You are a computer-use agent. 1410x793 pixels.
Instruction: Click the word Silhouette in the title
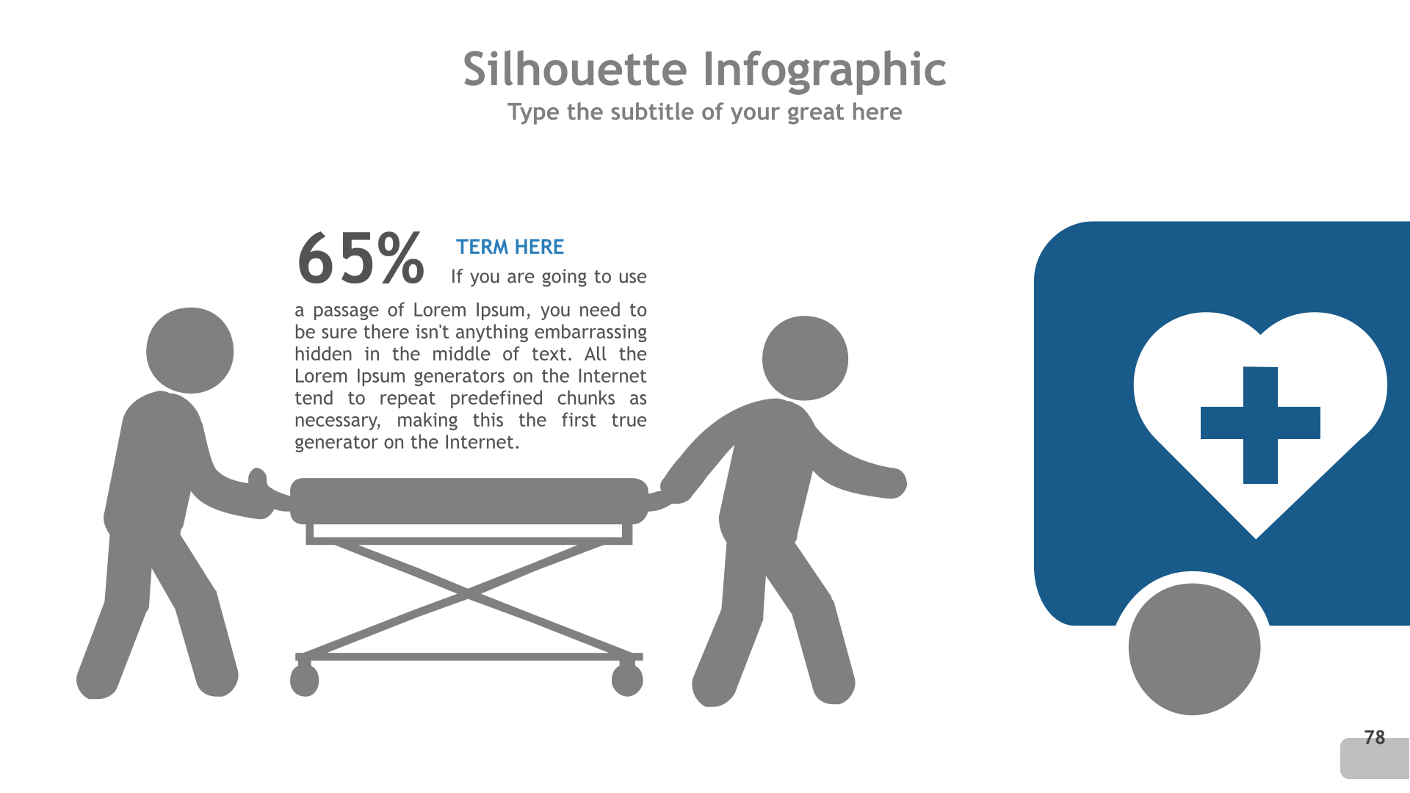tap(575, 69)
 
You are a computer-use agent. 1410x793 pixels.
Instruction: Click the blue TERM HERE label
tap(510, 247)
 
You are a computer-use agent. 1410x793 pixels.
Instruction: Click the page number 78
tap(1374, 737)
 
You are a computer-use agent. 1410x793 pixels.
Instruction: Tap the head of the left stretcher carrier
tap(190, 350)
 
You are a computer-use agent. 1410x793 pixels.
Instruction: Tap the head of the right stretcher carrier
tap(805, 358)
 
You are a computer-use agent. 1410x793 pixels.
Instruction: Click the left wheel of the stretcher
tap(304, 680)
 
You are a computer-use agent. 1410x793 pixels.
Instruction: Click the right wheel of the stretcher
tap(627, 680)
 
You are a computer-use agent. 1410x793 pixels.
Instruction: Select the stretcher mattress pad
tap(469, 501)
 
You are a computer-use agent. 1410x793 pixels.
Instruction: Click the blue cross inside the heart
tap(1260, 424)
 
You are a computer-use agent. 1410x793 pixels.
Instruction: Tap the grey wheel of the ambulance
tap(1194, 649)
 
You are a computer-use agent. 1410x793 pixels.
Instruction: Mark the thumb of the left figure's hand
tap(257, 478)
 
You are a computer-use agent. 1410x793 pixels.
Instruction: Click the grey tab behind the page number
tap(1375, 759)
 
